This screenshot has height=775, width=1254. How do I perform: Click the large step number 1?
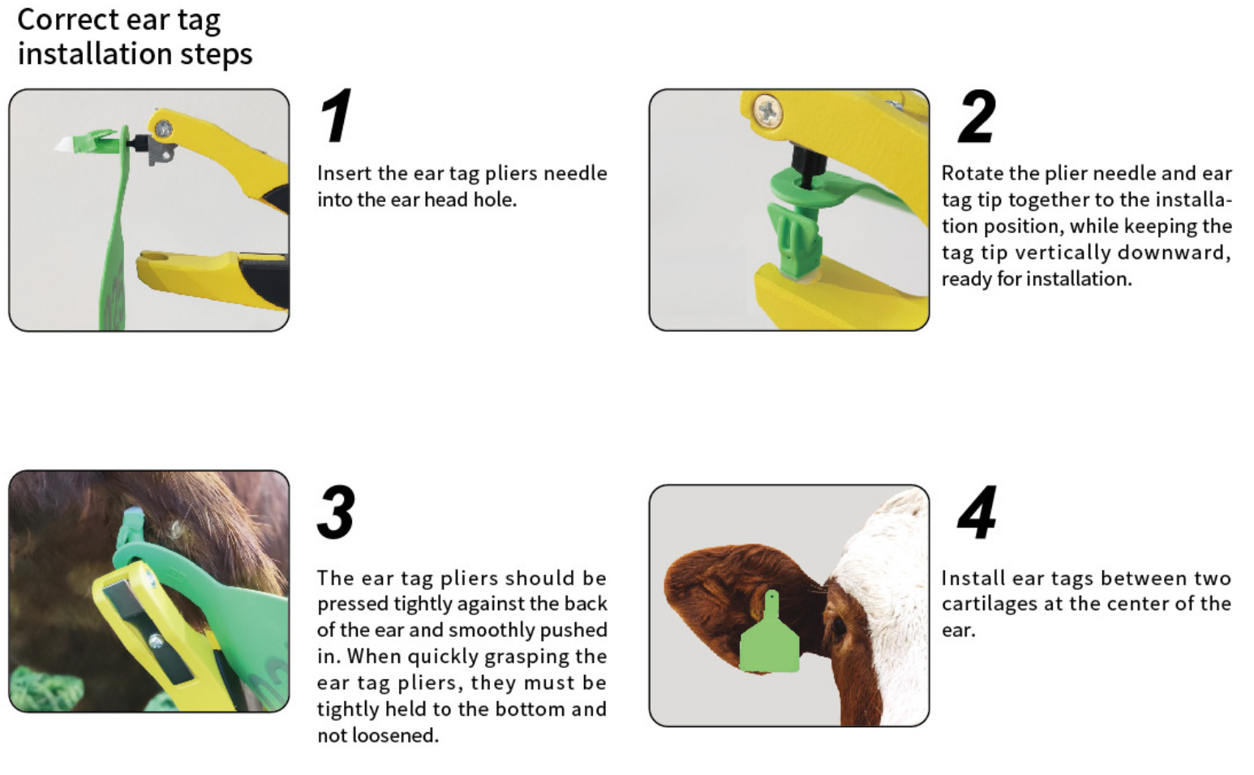[336, 116]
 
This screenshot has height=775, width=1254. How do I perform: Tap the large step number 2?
[976, 116]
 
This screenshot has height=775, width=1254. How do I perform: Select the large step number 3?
[336, 512]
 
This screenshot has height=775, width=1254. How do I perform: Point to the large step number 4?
[977, 512]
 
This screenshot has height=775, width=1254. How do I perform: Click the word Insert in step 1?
[344, 173]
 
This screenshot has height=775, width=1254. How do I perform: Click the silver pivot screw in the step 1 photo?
[164, 128]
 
